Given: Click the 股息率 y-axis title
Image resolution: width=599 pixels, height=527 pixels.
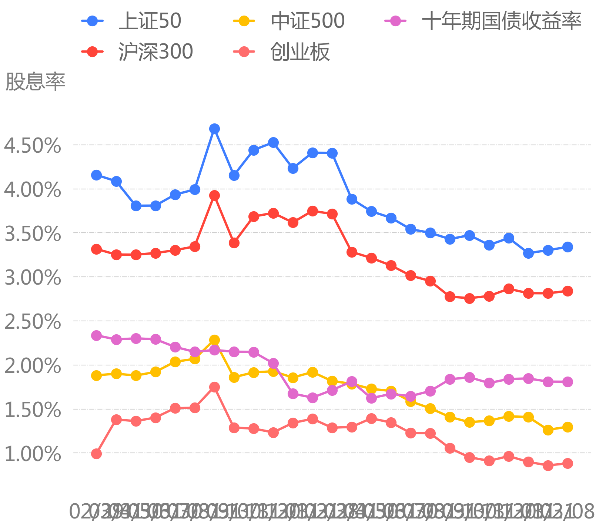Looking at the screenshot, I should pyautogui.click(x=36, y=82).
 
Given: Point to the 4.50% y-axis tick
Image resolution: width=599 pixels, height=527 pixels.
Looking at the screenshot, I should pyautogui.click(x=33, y=146).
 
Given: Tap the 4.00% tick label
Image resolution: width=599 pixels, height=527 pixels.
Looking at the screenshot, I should pyautogui.click(x=33, y=190).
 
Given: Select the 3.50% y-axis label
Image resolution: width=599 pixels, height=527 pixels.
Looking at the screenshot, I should pyautogui.click(x=33, y=233).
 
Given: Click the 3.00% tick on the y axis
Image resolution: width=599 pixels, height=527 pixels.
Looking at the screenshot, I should pyautogui.click(x=33, y=278).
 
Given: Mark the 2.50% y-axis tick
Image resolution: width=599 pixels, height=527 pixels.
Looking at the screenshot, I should pyautogui.click(x=33, y=322).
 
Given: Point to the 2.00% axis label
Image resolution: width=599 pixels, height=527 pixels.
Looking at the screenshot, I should pyautogui.click(x=33, y=366).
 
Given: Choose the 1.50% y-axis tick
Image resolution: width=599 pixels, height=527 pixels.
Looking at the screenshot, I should pyautogui.click(x=33, y=410).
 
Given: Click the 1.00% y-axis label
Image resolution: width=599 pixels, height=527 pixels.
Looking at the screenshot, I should pyautogui.click(x=33, y=454).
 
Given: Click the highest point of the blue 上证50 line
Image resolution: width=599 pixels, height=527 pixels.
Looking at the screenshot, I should pyautogui.click(x=214, y=129).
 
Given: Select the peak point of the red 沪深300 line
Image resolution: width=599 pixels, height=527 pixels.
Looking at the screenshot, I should pyautogui.click(x=214, y=195).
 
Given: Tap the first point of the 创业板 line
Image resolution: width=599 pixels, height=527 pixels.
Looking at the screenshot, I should pyautogui.click(x=96, y=454).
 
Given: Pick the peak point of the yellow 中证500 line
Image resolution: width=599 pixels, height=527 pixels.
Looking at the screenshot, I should pyautogui.click(x=214, y=340).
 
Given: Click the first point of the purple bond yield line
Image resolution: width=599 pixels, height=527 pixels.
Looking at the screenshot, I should pyautogui.click(x=96, y=335).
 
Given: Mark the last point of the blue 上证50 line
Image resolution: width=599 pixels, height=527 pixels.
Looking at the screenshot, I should pyautogui.click(x=568, y=247).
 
